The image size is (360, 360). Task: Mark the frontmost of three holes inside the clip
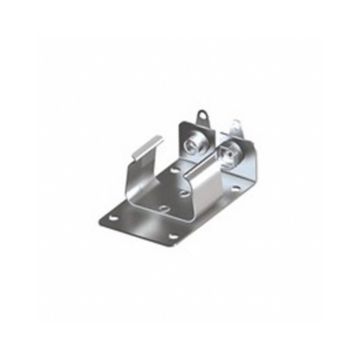(165, 208)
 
